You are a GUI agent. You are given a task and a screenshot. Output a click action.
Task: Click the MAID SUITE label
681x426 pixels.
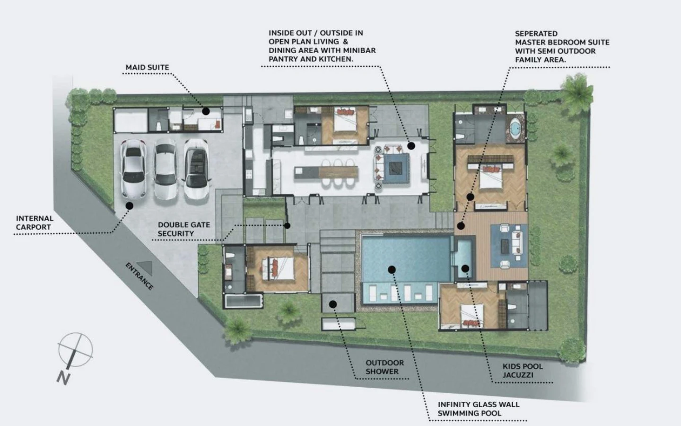[x=148, y=67]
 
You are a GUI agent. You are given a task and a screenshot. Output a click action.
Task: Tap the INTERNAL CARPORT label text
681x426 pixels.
[x=35, y=223]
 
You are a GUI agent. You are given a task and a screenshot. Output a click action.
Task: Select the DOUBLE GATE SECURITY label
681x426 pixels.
[x=184, y=229]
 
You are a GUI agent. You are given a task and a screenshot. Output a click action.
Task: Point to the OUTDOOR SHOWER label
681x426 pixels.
[x=385, y=367]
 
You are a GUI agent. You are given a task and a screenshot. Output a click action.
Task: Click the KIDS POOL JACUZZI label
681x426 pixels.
[x=523, y=371]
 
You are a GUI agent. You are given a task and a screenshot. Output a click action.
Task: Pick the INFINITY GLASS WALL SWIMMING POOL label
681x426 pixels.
[x=479, y=409]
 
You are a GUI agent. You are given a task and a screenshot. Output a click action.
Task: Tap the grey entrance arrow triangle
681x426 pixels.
[x=146, y=267]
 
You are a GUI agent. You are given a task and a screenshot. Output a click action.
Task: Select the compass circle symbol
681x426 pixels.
[x=75, y=350]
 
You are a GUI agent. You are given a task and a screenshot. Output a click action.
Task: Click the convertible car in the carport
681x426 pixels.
[x=196, y=169]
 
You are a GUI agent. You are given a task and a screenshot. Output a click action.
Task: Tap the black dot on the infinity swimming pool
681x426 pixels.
[x=392, y=270]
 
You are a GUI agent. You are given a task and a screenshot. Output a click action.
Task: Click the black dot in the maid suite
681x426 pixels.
[x=206, y=111]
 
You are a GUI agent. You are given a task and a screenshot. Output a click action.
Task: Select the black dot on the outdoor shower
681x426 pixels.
[x=333, y=304]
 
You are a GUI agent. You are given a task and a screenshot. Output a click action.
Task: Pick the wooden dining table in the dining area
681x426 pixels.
[x=338, y=172]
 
